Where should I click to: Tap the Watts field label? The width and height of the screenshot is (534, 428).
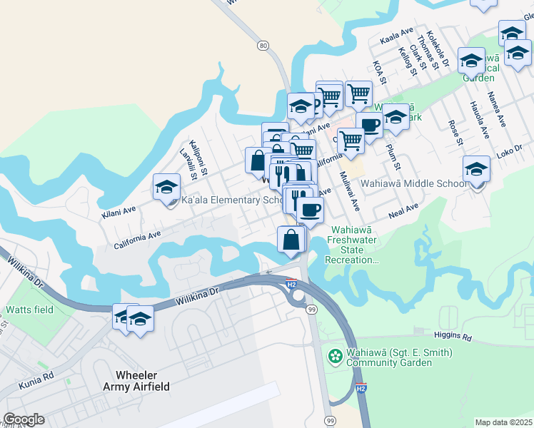click(29, 310)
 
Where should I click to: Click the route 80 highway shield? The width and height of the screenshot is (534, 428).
click(263, 46)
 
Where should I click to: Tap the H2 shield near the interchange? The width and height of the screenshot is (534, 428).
click(291, 283)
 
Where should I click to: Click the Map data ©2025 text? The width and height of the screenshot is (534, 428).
click(503, 422)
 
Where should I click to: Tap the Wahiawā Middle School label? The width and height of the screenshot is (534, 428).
click(413, 183)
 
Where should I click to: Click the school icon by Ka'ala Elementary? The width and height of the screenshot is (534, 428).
click(166, 187)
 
